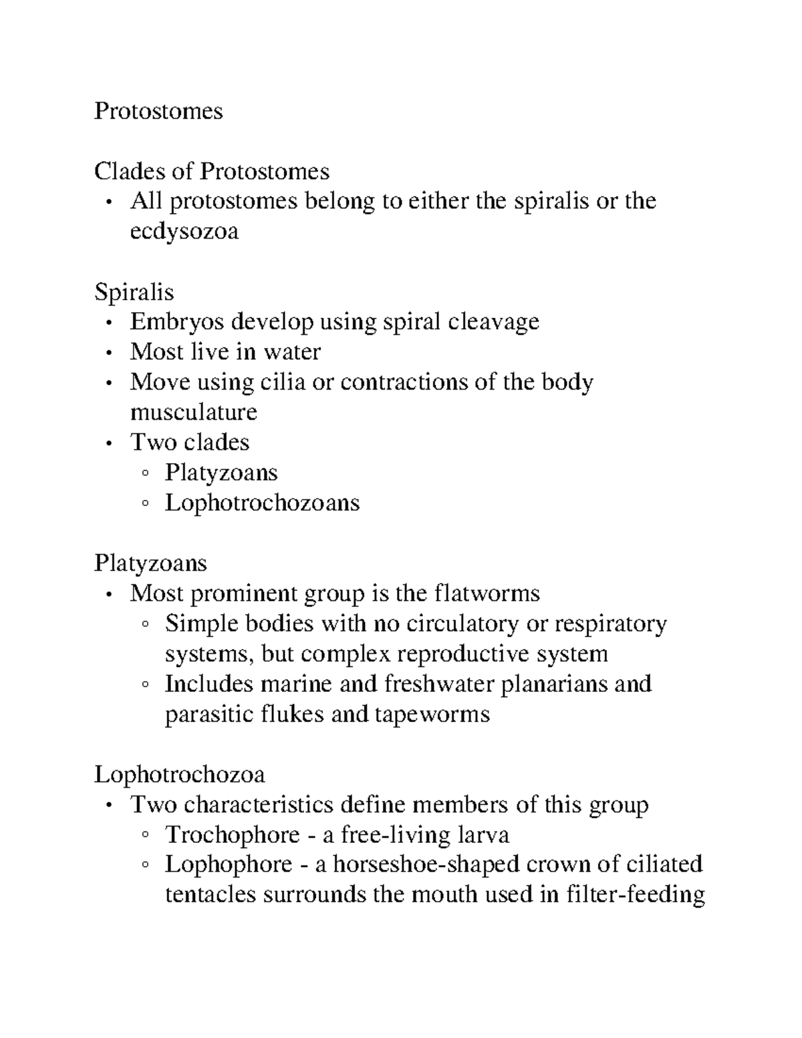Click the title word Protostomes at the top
point(158,110)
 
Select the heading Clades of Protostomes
point(212,171)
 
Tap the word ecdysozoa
point(184,231)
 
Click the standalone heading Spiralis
point(134,291)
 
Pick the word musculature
point(193,412)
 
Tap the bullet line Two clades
point(190,442)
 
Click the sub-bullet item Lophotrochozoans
point(262,502)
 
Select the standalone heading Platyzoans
point(150,563)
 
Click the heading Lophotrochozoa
point(179,774)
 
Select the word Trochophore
point(232,834)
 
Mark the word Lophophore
point(229,864)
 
